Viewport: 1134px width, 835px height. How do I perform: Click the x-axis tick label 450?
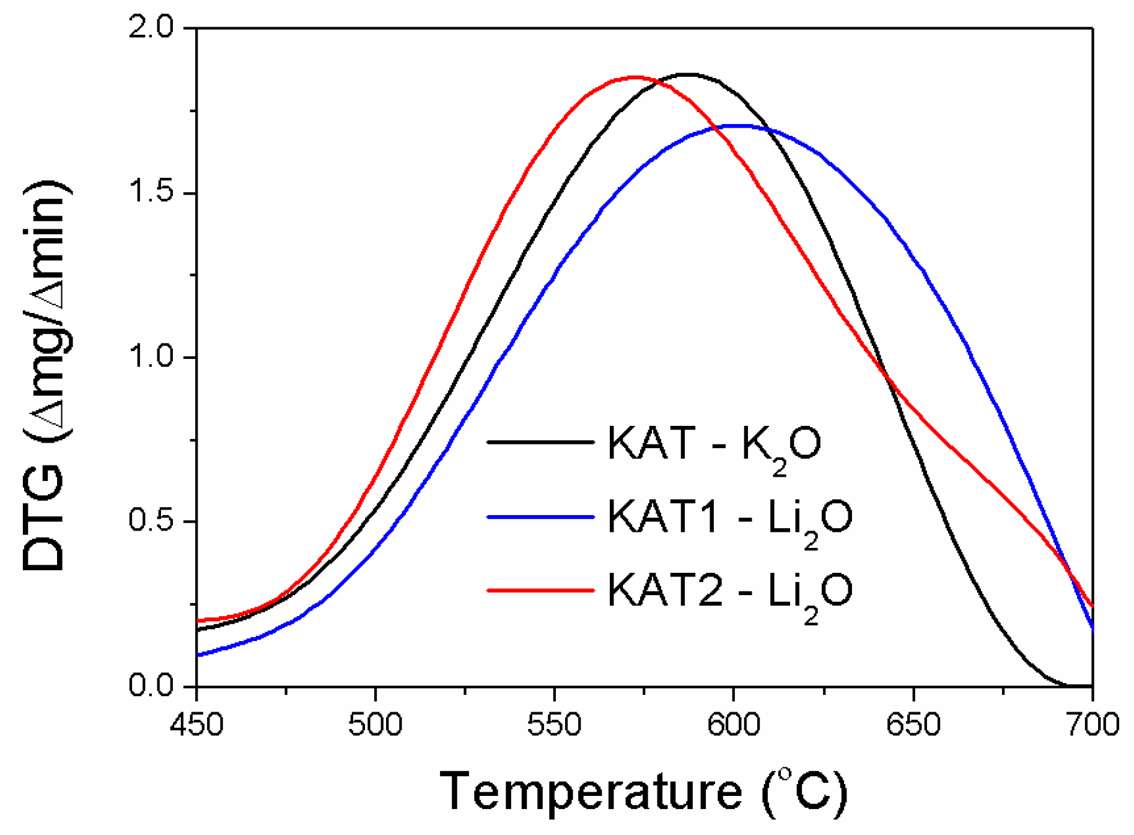[x=196, y=724]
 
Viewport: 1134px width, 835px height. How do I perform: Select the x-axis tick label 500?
[x=376, y=724]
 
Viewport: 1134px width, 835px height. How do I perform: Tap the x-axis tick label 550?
[x=555, y=724]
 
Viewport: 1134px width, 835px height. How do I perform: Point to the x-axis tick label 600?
[x=734, y=724]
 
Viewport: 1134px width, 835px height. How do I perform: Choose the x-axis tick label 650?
[x=913, y=724]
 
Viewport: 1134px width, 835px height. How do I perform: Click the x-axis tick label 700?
[x=1092, y=724]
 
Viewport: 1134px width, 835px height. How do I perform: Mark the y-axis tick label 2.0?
[x=152, y=28]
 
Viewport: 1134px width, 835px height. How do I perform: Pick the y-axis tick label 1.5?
[x=152, y=193]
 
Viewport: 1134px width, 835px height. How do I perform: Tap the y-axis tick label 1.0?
[x=152, y=357]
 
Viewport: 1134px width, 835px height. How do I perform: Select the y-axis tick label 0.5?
[x=152, y=521]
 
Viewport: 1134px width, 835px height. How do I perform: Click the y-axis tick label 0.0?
[x=152, y=685]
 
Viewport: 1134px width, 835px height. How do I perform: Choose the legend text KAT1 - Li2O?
[x=729, y=518]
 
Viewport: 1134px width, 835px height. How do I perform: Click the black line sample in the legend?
[x=540, y=442]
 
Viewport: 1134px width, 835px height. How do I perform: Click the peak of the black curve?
[x=688, y=74]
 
